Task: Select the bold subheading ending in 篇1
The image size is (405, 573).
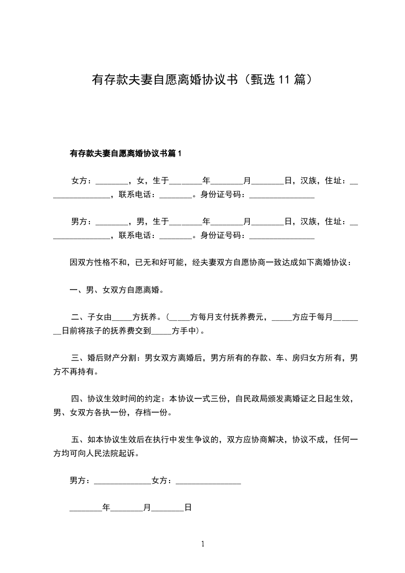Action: coord(126,153)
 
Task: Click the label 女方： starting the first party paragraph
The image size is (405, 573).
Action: coord(81,181)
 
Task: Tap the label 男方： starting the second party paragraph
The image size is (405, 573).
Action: coord(81,222)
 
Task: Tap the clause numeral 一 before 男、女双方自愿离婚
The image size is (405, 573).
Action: coord(74,290)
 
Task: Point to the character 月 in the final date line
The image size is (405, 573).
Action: coord(147,508)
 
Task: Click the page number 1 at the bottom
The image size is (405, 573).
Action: coord(203,544)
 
